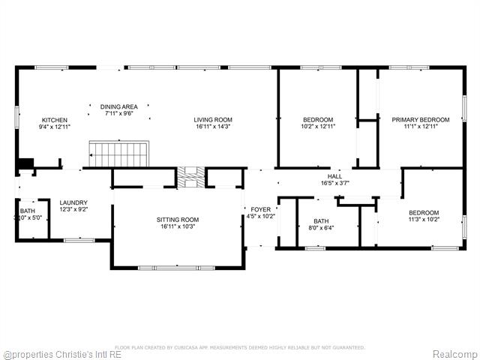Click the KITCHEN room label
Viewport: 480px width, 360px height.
click(x=54, y=120)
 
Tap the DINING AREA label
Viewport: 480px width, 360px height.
click(x=119, y=106)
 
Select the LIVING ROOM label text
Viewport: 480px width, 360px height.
click(x=213, y=120)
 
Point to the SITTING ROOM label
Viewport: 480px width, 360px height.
click(x=178, y=220)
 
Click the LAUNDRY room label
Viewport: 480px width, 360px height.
click(x=74, y=202)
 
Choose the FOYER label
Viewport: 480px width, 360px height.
click(x=260, y=210)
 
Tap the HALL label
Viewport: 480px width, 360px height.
click(x=334, y=176)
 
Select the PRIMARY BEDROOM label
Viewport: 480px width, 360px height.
click(x=420, y=120)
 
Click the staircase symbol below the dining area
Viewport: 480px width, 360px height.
click(x=120, y=154)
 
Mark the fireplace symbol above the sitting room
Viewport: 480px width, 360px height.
click(x=190, y=177)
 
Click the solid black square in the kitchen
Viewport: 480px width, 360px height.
click(x=25, y=163)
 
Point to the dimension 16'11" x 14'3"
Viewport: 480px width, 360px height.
click(x=213, y=127)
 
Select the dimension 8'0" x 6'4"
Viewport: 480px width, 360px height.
click(x=321, y=228)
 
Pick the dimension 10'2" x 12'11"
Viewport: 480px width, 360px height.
click(x=318, y=127)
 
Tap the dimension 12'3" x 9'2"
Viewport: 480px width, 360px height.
click(x=74, y=209)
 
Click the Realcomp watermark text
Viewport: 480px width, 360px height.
click(x=454, y=354)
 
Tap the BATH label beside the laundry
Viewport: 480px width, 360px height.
click(x=27, y=211)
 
